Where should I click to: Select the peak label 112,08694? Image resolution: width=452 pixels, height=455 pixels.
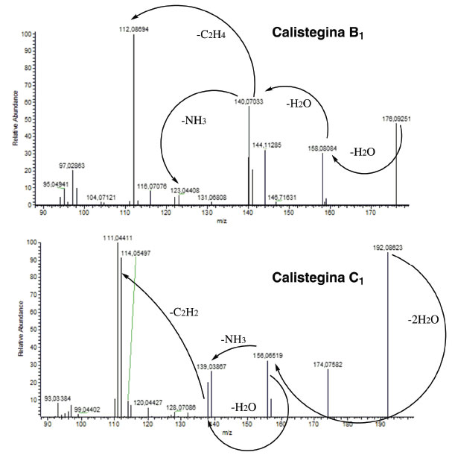click(x=133, y=29)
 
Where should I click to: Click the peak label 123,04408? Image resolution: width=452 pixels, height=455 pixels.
click(x=186, y=190)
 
